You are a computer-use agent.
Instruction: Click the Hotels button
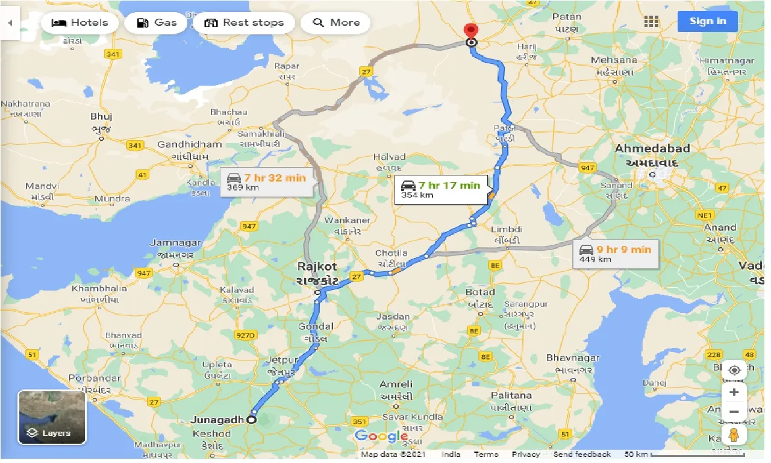coord(80,23)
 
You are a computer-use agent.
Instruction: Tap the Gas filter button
coord(157,23)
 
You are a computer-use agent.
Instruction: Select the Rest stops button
coord(244,23)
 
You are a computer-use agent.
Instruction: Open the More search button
coord(337,23)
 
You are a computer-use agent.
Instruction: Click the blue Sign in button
coord(707,21)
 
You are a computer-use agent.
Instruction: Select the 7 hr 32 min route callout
coord(267,181)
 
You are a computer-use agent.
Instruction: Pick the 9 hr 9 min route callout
coord(615,253)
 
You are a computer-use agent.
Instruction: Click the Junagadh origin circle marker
coord(251,420)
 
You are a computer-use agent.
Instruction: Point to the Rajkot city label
coord(317,266)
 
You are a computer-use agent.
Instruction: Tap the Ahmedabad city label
coord(652,148)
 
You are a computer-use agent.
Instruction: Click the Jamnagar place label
coord(175,243)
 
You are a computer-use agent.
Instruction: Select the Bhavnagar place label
coord(573,357)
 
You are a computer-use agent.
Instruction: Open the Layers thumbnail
coord(52,417)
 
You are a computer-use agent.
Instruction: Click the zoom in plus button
coord(734,392)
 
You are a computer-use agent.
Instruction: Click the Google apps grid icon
coord(651,22)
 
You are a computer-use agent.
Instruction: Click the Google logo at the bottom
coord(381,436)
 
